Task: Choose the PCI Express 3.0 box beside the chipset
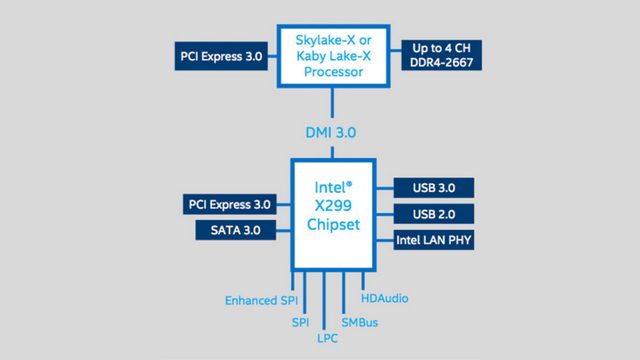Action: (x=229, y=204)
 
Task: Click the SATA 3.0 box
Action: (x=234, y=231)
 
